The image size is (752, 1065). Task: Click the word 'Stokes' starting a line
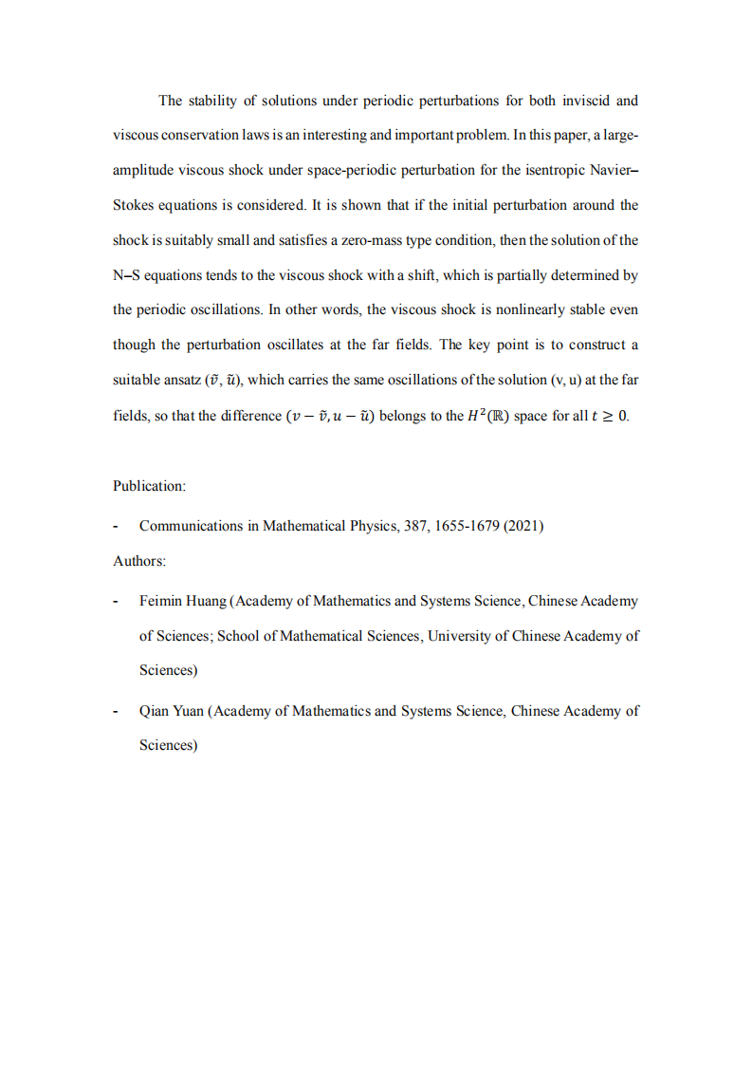pyautogui.click(x=135, y=205)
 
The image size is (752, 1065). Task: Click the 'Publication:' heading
pyautogui.click(x=150, y=486)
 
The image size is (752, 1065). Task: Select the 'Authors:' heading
pyautogui.click(x=139, y=561)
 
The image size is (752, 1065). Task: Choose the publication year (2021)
pyautogui.click(x=523, y=526)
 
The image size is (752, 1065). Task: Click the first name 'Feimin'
pyautogui.click(x=162, y=601)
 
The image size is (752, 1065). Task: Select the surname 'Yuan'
pyautogui.click(x=187, y=711)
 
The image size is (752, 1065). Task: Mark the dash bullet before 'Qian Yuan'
pyautogui.click(x=116, y=711)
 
